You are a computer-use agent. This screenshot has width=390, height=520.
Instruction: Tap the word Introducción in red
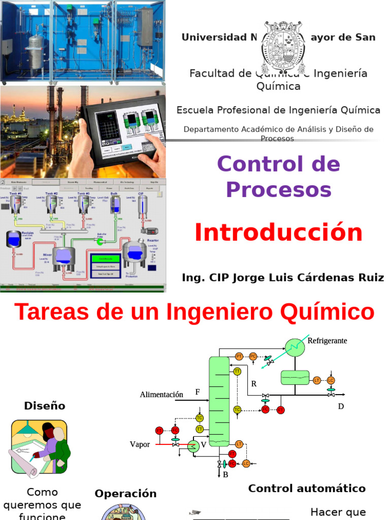pyautogui.click(x=278, y=233)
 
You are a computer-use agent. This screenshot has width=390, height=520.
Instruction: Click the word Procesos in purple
pyautogui.click(x=278, y=190)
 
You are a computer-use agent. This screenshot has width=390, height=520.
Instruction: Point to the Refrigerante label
pyautogui.click(x=327, y=341)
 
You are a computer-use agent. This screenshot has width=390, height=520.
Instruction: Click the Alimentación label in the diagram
pyautogui.click(x=161, y=395)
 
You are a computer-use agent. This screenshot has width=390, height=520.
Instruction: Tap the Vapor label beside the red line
pyautogui.click(x=140, y=444)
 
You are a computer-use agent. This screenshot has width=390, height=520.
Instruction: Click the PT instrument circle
pyautogui.click(x=240, y=356)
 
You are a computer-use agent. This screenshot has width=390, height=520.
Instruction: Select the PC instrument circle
pyautogui.click(x=252, y=356)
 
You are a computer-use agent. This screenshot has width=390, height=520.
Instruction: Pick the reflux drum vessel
pyautogui.click(x=295, y=377)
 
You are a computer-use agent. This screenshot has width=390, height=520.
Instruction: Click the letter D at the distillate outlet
pyautogui.click(x=341, y=406)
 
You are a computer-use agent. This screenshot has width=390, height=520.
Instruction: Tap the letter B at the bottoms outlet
pyautogui.click(x=225, y=474)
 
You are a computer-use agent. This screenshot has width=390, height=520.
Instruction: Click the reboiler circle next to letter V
pyautogui.click(x=192, y=446)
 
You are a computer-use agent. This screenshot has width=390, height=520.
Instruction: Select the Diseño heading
pyautogui.click(x=45, y=406)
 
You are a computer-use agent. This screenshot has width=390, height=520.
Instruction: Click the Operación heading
pyautogui.click(x=125, y=494)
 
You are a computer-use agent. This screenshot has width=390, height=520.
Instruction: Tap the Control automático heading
pyautogui.click(x=307, y=489)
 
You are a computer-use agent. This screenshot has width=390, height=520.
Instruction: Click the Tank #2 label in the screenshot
pyautogui.click(x=52, y=193)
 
